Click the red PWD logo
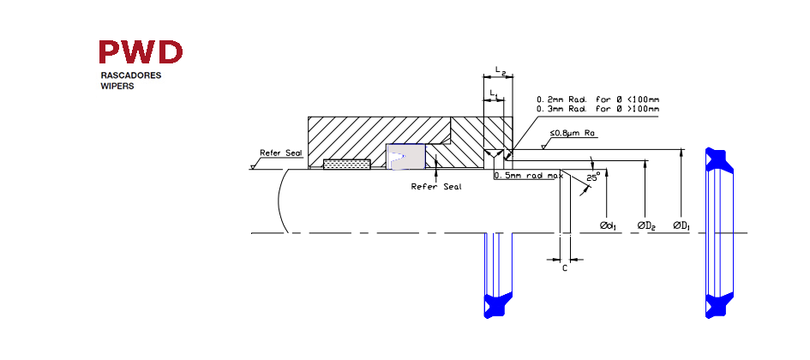click(141, 51)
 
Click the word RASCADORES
click(130, 75)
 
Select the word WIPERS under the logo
click(117, 87)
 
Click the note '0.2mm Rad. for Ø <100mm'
click(598, 99)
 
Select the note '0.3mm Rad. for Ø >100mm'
click(598, 109)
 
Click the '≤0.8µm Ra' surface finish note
click(573, 133)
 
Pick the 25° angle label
click(593, 178)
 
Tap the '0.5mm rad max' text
click(528, 176)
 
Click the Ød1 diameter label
click(609, 225)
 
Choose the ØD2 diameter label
click(646, 225)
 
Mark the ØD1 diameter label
click(682, 225)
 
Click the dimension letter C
click(565, 268)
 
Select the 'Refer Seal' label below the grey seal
click(436, 187)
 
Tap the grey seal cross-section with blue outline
click(406, 157)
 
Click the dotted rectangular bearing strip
click(347, 164)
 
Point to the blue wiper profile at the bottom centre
click(498, 305)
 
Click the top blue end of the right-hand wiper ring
click(719, 159)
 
